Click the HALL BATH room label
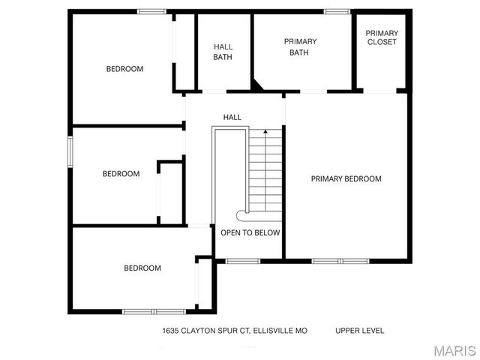point(223,52)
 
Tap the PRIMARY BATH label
point(300,46)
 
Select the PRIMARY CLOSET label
point(381,37)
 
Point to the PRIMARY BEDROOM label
point(346,178)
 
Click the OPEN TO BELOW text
point(250,232)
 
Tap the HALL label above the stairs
point(232,117)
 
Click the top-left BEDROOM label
point(124,69)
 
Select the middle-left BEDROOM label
point(121,174)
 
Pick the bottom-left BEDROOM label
point(142,268)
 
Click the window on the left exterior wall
point(71,150)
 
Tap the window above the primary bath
point(337,11)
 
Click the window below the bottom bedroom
point(151,311)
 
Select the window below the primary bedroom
point(340,261)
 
